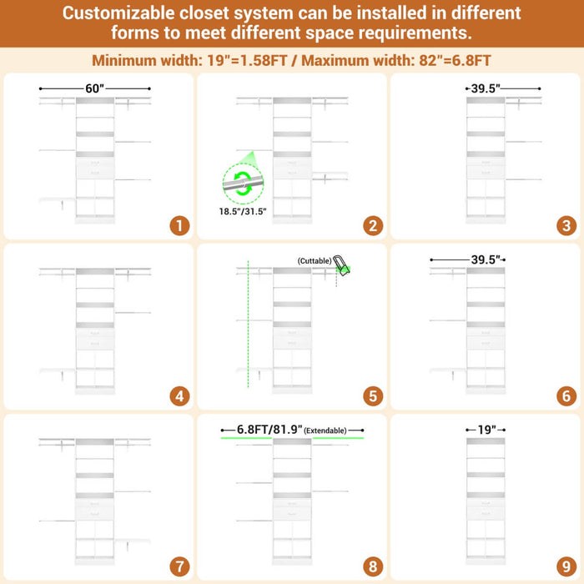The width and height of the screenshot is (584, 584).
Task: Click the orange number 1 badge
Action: coord(179,226)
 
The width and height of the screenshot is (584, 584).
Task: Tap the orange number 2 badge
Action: coord(373,226)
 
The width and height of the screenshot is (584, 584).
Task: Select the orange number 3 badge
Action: coord(566,226)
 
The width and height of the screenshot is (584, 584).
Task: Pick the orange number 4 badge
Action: coord(179,396)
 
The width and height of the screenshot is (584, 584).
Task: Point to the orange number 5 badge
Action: coord(373,396)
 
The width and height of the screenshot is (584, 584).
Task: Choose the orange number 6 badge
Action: coord(566,396)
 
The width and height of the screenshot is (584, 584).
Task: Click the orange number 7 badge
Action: coord(179,566)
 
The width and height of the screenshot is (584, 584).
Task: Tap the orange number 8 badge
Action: coord(373,566)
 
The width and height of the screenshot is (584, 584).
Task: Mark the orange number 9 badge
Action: coord(566,566)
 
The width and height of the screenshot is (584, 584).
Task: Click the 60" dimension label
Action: coord(94,88)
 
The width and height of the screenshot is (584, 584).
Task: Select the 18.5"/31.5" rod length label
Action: coord(243,212)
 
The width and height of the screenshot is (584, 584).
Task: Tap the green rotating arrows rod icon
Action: coord(243,184)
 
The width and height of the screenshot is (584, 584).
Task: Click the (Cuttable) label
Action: coord(315,260)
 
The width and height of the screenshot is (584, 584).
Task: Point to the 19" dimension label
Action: coord(486,430)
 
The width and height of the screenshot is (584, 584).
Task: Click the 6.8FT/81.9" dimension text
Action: coord(269,430)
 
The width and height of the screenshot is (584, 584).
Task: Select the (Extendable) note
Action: coord(325,430)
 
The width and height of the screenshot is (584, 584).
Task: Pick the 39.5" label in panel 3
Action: coord(486,88)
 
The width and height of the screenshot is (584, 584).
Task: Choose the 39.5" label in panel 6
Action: coord(486,259)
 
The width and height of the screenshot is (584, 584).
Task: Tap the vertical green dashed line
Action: coord(248,324)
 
